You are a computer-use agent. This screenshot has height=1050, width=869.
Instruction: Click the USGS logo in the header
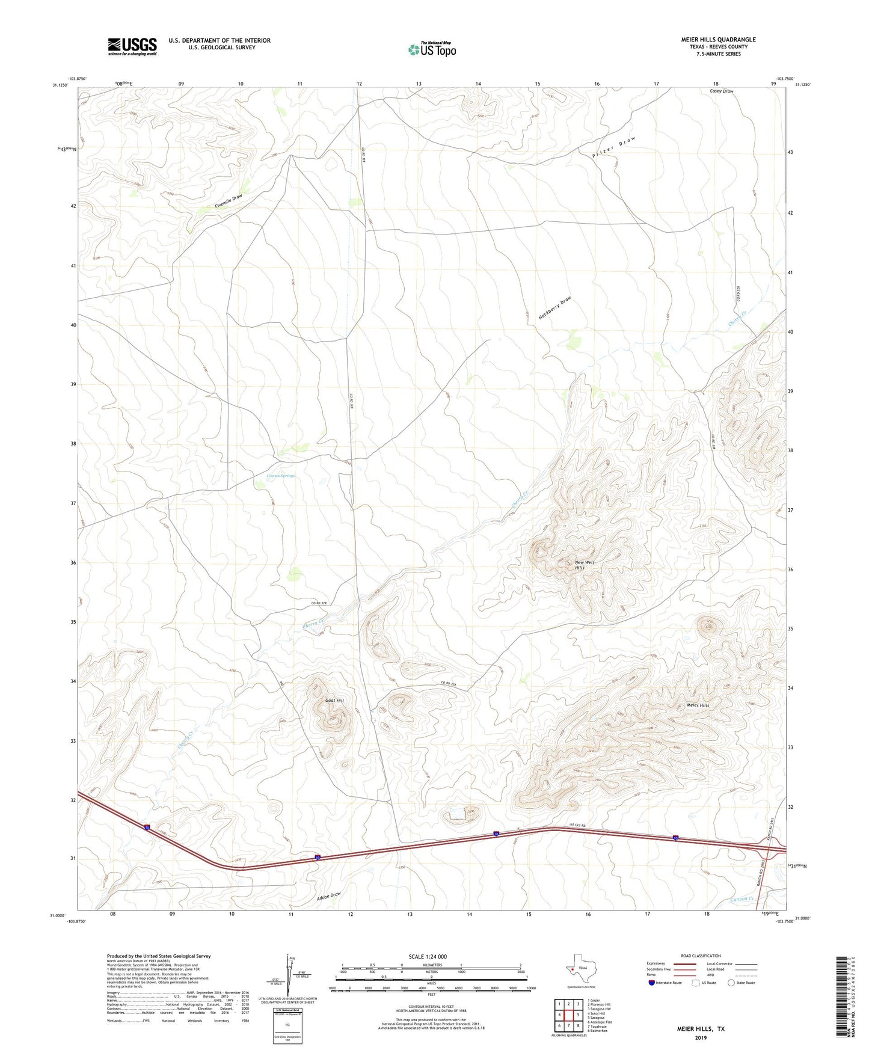click(x=132, y=46)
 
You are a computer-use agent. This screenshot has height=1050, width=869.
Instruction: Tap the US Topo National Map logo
click(x=432, y=49)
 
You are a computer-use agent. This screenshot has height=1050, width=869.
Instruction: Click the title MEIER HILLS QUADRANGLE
click(x=718, y=40)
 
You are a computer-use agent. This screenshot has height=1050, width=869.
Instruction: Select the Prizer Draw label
click(x=613, y=147)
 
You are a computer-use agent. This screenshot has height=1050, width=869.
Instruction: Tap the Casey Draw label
click(x=721, y=91)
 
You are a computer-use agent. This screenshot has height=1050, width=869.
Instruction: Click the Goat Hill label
click(x=334, y=701)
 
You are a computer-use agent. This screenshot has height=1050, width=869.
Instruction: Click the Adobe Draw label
click(x=329, y=895)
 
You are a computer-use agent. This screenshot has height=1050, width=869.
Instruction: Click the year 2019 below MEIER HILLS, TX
click(x=700, y=1037)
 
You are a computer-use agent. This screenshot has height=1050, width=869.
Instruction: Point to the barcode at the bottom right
click(x=840, y=995)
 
